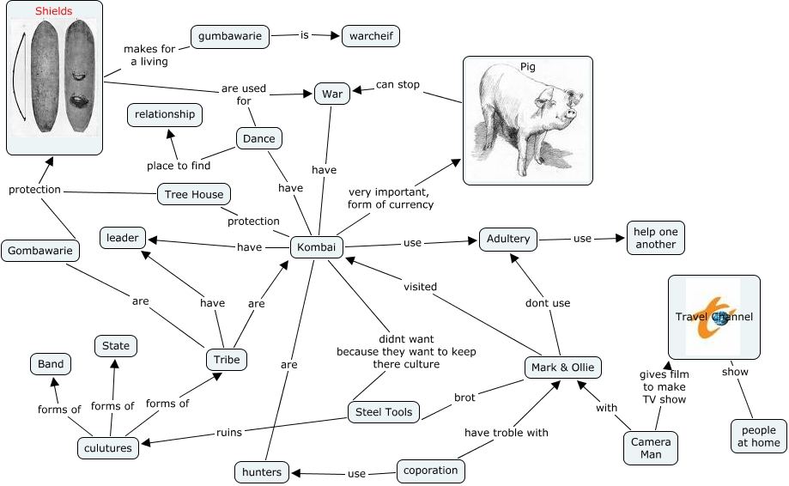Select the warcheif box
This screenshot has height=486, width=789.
point(370,36)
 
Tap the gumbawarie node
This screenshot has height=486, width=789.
point(230,36)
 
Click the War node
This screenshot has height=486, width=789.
point(331,94)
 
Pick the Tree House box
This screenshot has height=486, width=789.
point(194,195)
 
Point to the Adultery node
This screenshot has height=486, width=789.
point(508,239)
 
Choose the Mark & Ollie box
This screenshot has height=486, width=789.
point(562,368)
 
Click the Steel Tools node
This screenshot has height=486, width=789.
point(384,412)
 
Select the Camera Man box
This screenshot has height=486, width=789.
point(651,448)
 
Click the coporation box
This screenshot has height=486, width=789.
point(431,471)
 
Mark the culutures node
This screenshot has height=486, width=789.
point(107,448)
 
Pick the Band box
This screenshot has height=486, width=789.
point(51,364)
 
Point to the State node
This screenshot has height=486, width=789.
point(116,346)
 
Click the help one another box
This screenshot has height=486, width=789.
point(656,238)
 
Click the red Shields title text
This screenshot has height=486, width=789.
point(54,11)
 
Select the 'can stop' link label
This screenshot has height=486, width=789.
point(398,85)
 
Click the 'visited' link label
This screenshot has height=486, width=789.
point(420,287)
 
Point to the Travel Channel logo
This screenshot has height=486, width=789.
point(713,317)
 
